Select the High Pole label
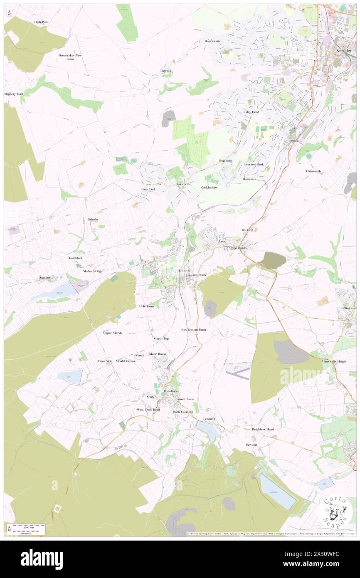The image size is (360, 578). [41, 22]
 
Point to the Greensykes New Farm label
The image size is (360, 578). [70, 57]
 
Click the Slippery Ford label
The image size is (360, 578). [14, 94]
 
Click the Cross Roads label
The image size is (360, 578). [238, 248]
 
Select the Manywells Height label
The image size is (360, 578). [334, 361]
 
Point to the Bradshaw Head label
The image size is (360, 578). [263, 429]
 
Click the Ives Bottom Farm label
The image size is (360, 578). [193, 329]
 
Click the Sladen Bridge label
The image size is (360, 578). [93, 271]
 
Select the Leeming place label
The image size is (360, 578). [209, 418]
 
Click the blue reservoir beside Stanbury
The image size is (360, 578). [56, 291]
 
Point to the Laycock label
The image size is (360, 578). [166, 71]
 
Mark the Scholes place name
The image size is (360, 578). [93, 219]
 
